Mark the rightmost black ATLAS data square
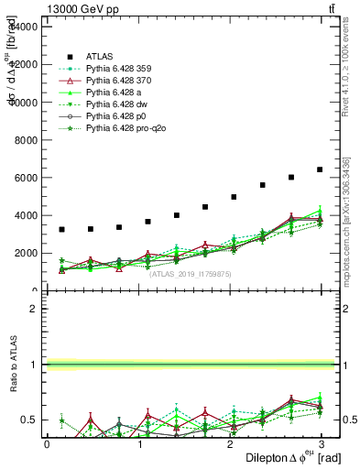pos(320,169)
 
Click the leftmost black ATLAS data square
pos(61,230)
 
